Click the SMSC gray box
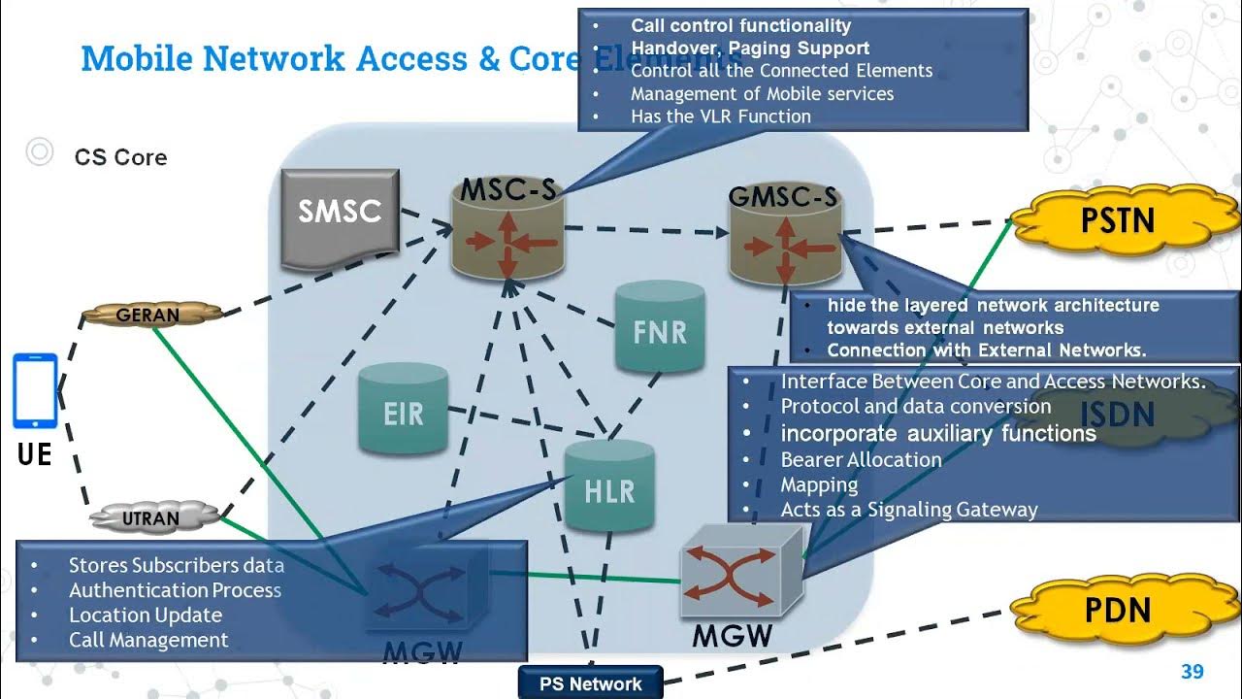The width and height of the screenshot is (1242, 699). coord(340,217)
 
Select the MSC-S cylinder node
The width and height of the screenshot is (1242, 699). coord(507,232)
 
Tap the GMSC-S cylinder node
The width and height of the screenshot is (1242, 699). coord(785,238)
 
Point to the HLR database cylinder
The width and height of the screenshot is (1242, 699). coord(608,487)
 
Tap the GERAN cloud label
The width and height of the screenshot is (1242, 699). coord(147,315)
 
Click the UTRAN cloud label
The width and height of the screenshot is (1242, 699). coord(151,518)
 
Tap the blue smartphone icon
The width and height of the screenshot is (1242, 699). coord(35,390)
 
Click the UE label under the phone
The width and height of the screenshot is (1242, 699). coord(34,453)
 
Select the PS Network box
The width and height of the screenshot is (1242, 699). coord(590,683)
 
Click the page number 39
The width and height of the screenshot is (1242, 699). coord(1192,672)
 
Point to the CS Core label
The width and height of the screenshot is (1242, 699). coord(120,157)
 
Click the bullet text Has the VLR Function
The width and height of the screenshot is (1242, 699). coord(720,116)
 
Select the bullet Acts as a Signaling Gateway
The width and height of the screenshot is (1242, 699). coord(908,510)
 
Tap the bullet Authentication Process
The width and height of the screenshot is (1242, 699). coord(175,590)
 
